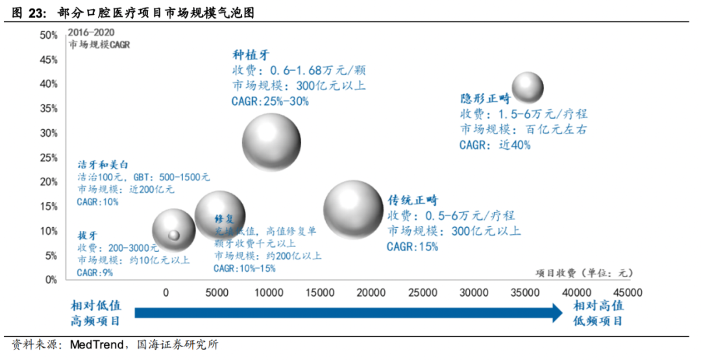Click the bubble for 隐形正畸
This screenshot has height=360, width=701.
528,87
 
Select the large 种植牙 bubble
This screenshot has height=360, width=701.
271,142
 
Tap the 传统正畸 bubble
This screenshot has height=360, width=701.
353,210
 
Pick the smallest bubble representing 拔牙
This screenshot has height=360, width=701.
173,235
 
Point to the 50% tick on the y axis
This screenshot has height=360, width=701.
49,35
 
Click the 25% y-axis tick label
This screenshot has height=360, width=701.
49,158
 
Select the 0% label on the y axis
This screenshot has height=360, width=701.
51,280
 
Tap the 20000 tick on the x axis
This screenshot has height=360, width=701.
373,293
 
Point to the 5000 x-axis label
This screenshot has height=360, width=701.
216,293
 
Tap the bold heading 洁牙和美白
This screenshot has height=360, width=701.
103,163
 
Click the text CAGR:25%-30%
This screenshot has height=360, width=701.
270,101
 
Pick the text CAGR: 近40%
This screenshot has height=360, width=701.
495,145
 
